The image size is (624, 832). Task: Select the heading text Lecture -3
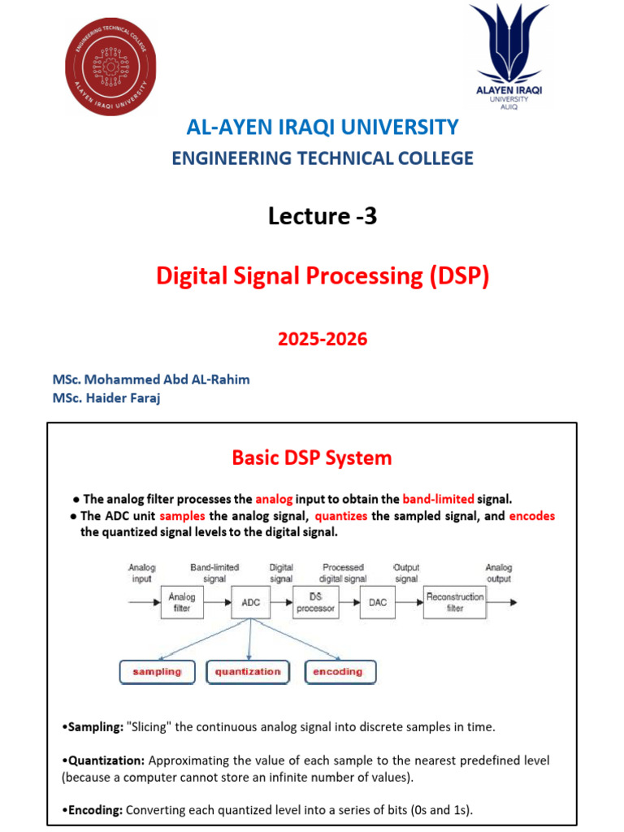coord(322,216)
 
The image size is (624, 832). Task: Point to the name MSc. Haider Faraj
coord(106,398)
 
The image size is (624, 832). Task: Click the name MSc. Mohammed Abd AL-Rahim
coord(151,380)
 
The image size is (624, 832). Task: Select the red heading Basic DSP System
coord(312,457)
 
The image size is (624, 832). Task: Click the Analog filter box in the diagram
coord(182,602)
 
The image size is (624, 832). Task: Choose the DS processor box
coord(315,603)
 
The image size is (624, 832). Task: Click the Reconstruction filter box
coord(455,602)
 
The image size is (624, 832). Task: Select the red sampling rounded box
coord(158,672)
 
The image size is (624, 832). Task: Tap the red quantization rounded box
coord(248,672)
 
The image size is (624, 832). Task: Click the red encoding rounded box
coord(340,672)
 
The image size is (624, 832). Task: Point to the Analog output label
coord(499,573)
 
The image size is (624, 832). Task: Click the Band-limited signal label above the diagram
coord(214,573)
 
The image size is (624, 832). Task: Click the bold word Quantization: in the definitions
coord(103,760)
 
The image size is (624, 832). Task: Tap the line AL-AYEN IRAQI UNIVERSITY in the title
coord(323,127)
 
